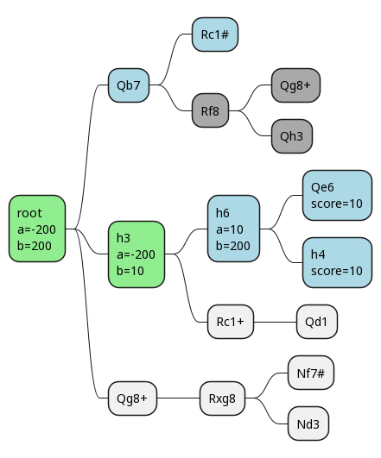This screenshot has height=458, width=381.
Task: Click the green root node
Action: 37,229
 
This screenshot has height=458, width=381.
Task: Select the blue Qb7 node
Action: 129,85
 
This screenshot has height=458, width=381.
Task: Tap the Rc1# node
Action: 215,35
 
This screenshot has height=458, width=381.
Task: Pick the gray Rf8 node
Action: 210,110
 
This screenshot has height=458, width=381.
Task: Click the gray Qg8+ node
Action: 295,85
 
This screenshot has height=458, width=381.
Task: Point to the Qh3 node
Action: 292,136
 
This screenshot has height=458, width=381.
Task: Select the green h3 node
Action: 137,254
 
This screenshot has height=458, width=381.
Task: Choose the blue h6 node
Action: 233,229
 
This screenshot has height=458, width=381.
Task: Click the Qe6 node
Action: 337,195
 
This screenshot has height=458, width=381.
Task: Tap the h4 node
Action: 337,262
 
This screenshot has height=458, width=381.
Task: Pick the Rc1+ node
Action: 231,322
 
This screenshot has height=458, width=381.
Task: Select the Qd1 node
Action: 317,322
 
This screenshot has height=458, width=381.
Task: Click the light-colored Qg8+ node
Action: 132,398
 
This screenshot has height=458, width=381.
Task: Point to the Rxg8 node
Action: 222,398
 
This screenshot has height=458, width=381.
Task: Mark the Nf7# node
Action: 311,373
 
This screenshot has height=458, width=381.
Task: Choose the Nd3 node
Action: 308,423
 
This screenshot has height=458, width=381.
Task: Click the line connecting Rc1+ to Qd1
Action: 275,323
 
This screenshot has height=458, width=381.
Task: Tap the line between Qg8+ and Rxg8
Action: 179,398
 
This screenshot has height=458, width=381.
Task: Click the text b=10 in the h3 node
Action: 130,271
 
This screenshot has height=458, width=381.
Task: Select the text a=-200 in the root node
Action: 36,229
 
